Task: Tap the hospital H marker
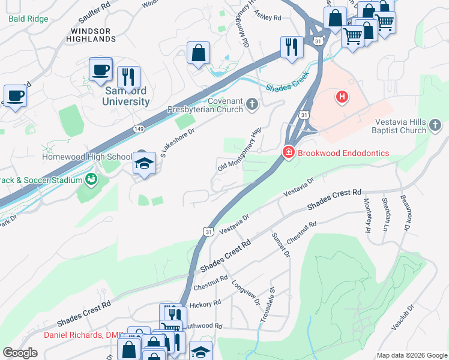point(342,96)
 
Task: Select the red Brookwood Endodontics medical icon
point(289,153)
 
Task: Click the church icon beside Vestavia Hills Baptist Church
point(436,125)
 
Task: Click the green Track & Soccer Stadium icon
point(91,179)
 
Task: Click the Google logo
point(20,353)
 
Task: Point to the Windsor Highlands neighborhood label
point(93,35)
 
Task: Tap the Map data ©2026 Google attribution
point(411,355)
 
